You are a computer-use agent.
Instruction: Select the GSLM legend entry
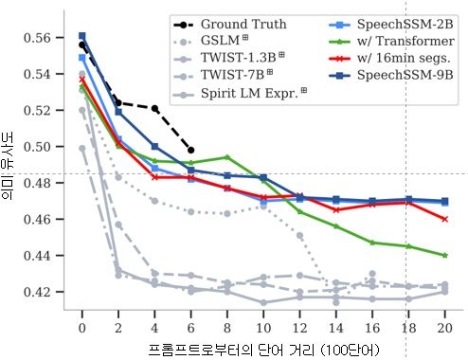click(223, 41)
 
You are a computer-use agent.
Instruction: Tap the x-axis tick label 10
click(263, 327)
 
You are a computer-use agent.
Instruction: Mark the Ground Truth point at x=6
click(191, 150)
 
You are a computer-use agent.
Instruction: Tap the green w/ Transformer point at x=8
click(227, 157)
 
